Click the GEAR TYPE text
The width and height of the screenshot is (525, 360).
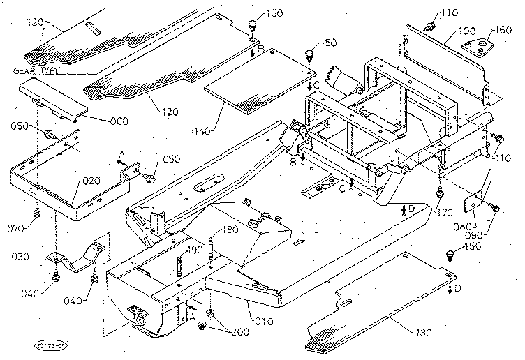coord(35,70)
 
